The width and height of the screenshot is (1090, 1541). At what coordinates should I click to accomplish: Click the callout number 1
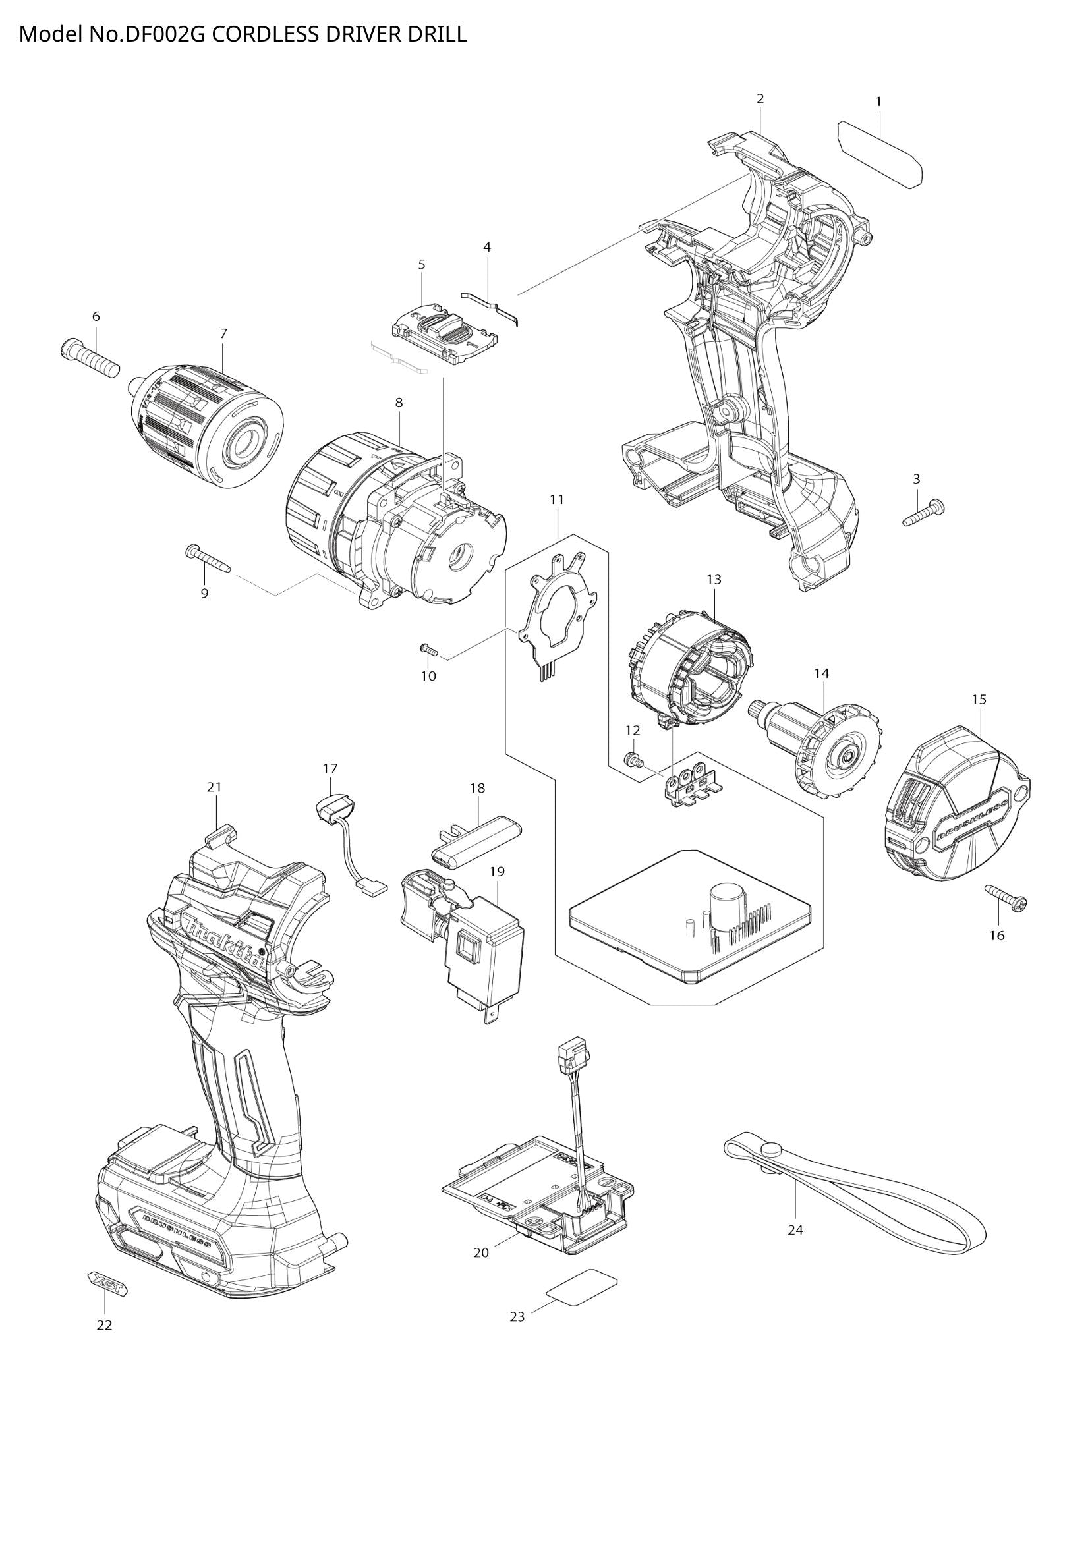coord(878,101)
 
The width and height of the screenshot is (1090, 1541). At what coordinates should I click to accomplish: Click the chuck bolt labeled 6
coord(90,356)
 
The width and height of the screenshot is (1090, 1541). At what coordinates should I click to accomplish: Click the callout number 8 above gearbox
coord(399,403)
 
